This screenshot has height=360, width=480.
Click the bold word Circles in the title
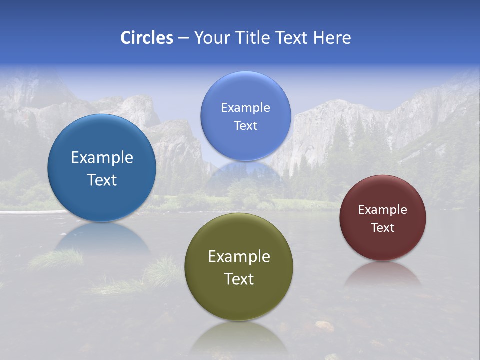pos(147,38)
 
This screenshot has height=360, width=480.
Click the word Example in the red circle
pos(383,210)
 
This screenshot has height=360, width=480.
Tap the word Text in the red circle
pos(383,228)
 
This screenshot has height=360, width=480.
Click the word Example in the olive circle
pos(239,257)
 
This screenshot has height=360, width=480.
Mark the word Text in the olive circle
pos(239,279)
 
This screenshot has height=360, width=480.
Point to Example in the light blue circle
pos(246,108)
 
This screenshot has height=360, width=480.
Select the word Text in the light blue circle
pos(246,126)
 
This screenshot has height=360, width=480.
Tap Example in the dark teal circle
pos(102,158)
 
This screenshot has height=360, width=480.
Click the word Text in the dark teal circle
pos(102,180)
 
